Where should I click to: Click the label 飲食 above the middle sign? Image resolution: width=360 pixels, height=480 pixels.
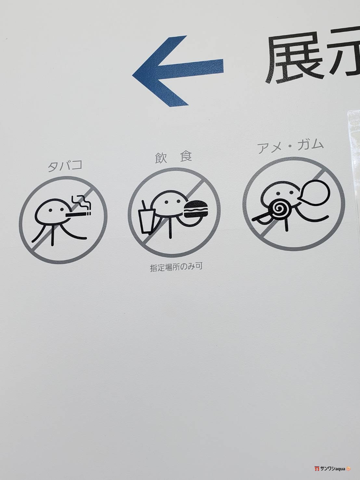click(174, 157)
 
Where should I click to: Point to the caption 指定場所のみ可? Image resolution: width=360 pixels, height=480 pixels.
click(176, 267)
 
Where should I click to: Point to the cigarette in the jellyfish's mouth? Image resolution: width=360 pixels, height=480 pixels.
click(78, 214)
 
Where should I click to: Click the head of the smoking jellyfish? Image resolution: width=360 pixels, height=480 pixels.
click(51, 210)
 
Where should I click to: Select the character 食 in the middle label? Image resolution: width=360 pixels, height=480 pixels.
click(186, 157)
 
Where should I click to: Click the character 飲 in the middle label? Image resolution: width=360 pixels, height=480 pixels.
click(161, 158)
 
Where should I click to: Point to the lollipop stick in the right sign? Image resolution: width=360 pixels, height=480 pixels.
click(261, 218)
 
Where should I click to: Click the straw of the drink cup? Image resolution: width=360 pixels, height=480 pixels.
click(144, 205)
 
